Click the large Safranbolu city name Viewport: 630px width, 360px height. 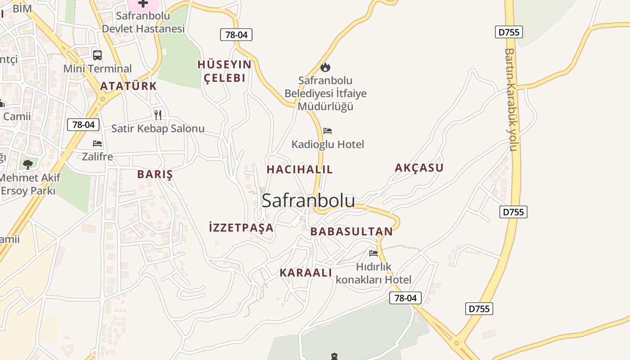tap(308, 201)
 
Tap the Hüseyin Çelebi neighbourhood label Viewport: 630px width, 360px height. tap(225, 71)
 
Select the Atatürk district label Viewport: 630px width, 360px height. tap(129, 86)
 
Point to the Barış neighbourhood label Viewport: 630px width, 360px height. tap(155, 175)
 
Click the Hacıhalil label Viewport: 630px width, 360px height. tap(300, 170)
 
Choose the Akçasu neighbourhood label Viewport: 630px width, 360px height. tap(419, 168)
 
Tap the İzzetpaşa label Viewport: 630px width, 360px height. tap(241, 228)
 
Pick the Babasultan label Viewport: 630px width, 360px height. tap(351, 232)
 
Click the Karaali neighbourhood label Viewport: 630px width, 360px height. tap(306, 273)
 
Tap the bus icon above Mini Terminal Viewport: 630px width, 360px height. tap(97, 55)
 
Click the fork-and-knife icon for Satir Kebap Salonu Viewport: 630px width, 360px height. tap(158, 115)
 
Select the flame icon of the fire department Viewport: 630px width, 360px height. tap(325, 67)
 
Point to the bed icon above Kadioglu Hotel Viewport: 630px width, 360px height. tap(328, 131)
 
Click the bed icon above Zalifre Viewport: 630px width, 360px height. tap(97, 144)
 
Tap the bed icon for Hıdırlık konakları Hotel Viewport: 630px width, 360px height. tap(373, 253)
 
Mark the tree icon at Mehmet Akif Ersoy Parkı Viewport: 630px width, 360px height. tap(28, 164)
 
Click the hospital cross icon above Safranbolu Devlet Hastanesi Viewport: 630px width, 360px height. tap(143, 4)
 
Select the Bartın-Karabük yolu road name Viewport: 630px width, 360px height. tap(511, 100)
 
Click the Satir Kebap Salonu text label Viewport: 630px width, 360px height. tap(158, 129)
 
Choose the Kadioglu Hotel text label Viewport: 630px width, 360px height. tap(328, 144)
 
